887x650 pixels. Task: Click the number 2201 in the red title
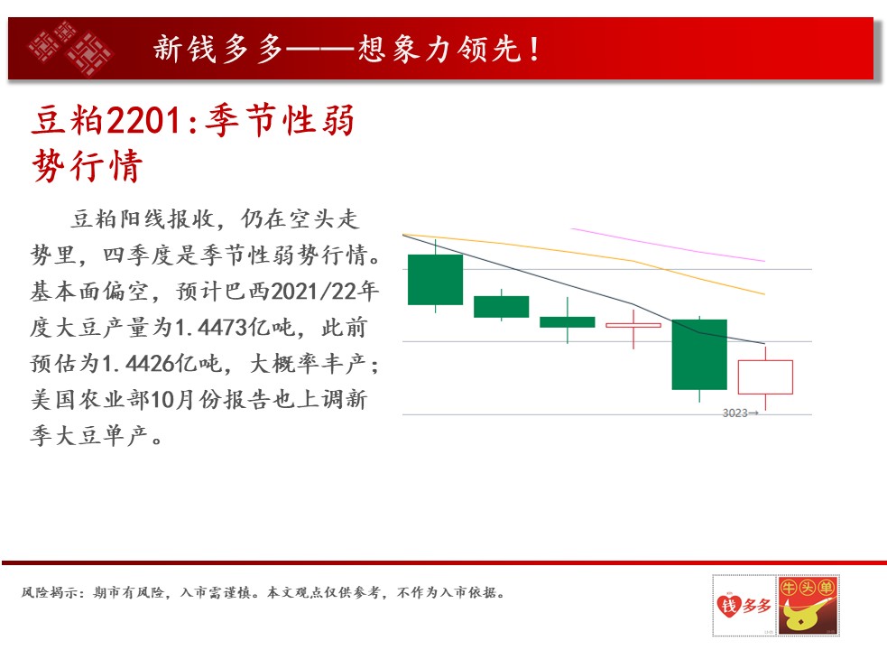pyautogui.click(x=145, y=121)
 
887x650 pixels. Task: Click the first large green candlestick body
pyautogui.click(x=436, y=280)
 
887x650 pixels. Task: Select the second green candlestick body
pyautogui.click(x=501, y=306)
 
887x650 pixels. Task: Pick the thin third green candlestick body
pyautogui.click(x=568, y=322)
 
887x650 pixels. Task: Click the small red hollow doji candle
pyautogui.click(x=633, y=325)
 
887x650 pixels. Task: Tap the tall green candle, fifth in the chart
pyautogui.click(x=699, y=355)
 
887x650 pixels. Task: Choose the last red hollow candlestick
pyautogui.click(x=765, y=377)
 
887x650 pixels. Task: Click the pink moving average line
pyautogui.click(x=669, y=245)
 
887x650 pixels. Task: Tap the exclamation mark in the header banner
pyautogui.click(x=534, y=49)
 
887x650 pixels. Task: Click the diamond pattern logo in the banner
pyautogui.click(x=70, y=49)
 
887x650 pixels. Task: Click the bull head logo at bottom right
pyautogui.click(x=808, y=606)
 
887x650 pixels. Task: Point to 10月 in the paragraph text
pyautogui.click(x=172, y=400)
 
